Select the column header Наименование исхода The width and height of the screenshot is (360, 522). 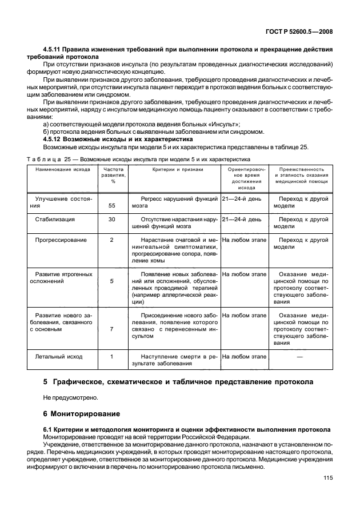59,170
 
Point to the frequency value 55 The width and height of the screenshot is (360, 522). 112,205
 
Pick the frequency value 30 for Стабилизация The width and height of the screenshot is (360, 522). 112,219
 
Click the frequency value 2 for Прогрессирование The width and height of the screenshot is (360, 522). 112,240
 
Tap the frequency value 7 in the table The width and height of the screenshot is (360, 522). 112,329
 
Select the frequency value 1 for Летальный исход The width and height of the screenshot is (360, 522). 112,357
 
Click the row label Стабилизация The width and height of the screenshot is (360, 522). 55,219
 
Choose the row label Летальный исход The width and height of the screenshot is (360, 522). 59,357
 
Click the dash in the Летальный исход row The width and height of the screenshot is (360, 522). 299,357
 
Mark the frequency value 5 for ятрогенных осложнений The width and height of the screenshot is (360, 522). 112,281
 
